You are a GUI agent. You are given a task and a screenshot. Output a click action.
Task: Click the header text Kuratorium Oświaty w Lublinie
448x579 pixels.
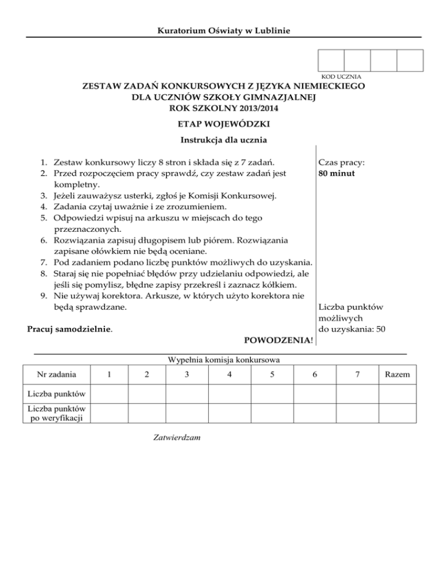click(224, 30)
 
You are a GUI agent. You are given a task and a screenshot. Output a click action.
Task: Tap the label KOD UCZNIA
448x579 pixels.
click(341, 77)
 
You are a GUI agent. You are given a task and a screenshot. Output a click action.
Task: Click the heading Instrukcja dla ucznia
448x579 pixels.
click(224, 140)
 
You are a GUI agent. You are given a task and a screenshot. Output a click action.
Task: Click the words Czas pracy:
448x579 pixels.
click(341, 164)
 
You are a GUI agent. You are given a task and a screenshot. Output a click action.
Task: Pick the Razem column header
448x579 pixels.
click(397, 373)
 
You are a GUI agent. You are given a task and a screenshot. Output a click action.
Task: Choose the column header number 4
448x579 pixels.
click(229, 373)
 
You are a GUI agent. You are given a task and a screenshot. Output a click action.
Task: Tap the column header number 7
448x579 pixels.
click(357, 373)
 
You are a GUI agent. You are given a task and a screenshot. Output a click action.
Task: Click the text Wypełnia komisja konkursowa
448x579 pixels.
click(224, 359)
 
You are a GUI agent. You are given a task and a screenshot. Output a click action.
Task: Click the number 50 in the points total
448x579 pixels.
click(380, 329)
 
